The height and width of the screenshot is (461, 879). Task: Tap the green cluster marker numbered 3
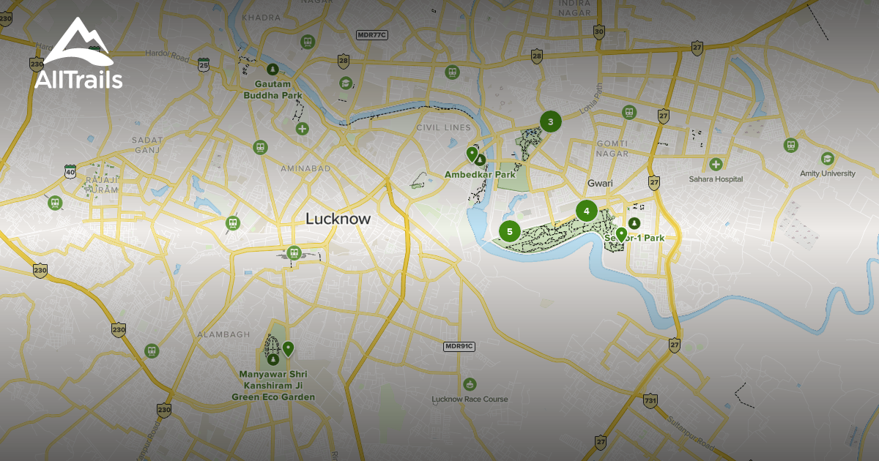pos(550,121)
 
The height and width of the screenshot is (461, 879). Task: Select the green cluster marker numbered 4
pos(586,211)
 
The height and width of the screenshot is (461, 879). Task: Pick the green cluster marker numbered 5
pos(509,232)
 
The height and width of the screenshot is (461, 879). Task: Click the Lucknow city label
pos(338,219)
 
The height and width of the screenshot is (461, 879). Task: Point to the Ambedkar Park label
pos(480,175)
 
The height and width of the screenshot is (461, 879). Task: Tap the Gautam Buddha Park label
pos(272,90)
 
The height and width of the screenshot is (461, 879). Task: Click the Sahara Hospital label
pos(715,179)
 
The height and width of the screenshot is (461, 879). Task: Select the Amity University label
pos(827,173)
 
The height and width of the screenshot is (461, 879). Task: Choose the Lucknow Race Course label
pos(470,399)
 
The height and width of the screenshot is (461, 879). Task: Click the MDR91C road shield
pos(459,346)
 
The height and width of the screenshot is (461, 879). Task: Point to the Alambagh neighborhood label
pos(218,334)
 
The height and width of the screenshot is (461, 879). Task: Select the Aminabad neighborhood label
pos(305,168)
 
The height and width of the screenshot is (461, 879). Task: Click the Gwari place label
pos(599,183)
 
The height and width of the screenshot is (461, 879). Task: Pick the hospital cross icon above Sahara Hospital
pos(715,164)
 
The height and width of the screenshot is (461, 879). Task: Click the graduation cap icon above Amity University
pos(827,158)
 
